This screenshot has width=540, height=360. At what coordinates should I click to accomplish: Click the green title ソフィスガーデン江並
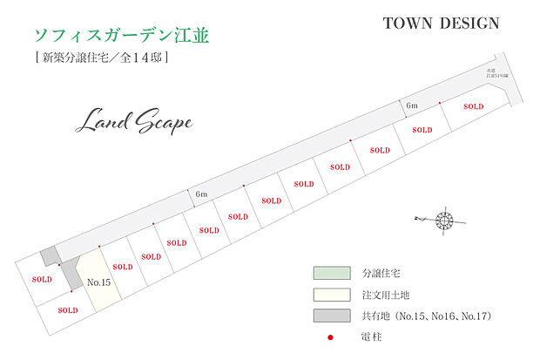(x=122, y=36)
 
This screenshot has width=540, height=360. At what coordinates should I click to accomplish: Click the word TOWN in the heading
(x=408, y=24)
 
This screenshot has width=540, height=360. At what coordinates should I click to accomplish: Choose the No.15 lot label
(x=99, y=282)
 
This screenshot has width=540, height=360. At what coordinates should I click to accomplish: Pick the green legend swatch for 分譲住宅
(x=331, y=273)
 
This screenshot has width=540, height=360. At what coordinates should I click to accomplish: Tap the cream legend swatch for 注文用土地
(x=331, y=294)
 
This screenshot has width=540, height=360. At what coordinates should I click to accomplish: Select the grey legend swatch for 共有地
(x=331, y=315)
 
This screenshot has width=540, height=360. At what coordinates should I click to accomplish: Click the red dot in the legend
(x=330, y=336)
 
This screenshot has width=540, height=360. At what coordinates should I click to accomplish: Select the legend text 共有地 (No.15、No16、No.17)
(x=423, y=315)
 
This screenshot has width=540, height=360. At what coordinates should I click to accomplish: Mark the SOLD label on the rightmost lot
(x=473, y=106)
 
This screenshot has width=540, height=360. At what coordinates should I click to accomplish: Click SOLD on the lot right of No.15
(x=123, y=267)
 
